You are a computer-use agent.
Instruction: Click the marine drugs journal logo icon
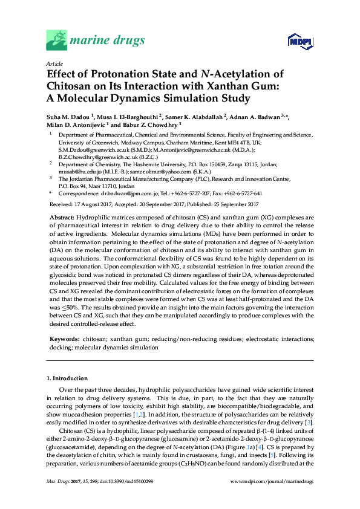[x=56, y=41]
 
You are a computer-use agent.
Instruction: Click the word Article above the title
[x=54, y=63]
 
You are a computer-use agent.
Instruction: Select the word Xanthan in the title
[x=223, y=86]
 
